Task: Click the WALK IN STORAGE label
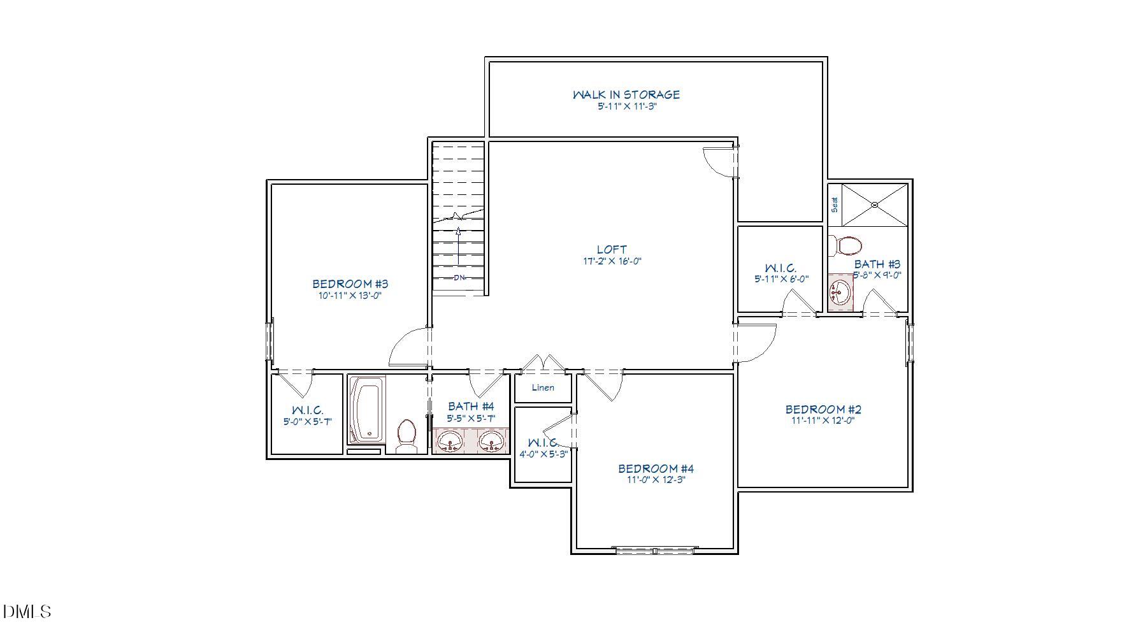626,94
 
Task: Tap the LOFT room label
612,249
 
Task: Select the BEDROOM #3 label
350,284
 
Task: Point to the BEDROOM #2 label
823,409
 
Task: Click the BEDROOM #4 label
656,468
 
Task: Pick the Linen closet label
543,387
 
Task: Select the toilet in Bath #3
845,245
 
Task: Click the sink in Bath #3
840,292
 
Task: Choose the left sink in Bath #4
451,440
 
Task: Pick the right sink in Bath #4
491,440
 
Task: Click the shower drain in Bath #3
875,205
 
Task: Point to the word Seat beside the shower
835,205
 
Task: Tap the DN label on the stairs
459,278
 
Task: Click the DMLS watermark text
27,612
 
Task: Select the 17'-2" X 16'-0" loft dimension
612,261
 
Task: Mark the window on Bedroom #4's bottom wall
655,550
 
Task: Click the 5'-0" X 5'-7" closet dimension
308,421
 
